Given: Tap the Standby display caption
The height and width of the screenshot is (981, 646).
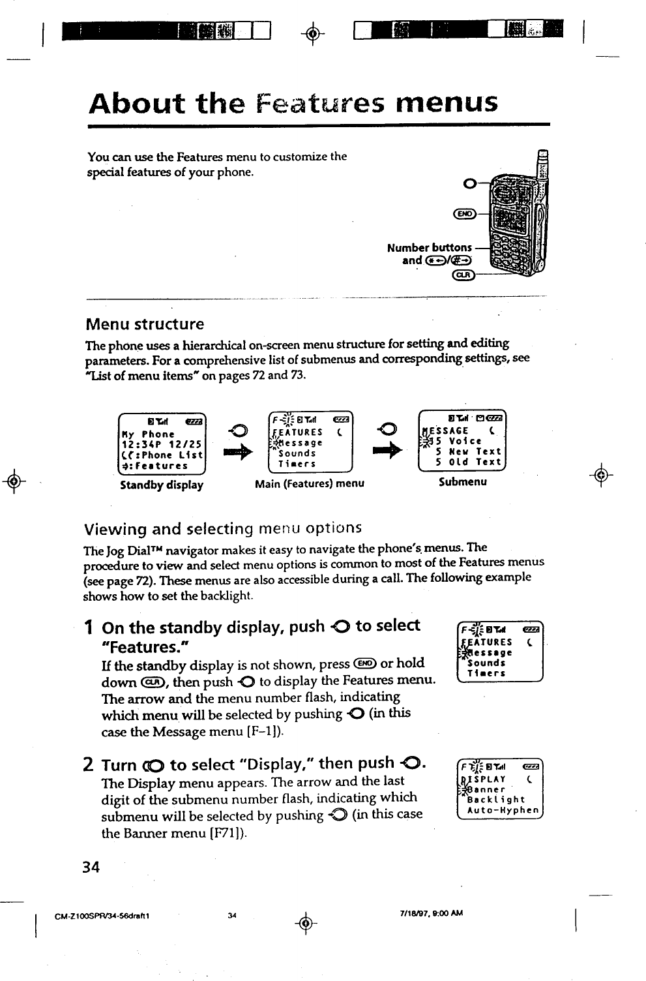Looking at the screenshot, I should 162,485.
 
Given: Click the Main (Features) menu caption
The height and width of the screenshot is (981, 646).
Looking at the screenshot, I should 310,483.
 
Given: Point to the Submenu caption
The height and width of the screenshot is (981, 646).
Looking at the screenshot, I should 462,482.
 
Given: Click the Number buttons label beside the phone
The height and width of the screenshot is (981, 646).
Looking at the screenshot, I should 429,248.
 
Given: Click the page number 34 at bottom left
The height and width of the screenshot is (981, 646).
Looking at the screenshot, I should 91,867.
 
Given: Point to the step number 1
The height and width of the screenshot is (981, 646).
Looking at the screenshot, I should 88,627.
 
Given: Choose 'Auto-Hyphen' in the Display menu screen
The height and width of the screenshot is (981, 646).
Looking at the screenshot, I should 503,811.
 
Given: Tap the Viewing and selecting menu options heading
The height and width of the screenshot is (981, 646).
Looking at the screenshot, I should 222,528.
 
